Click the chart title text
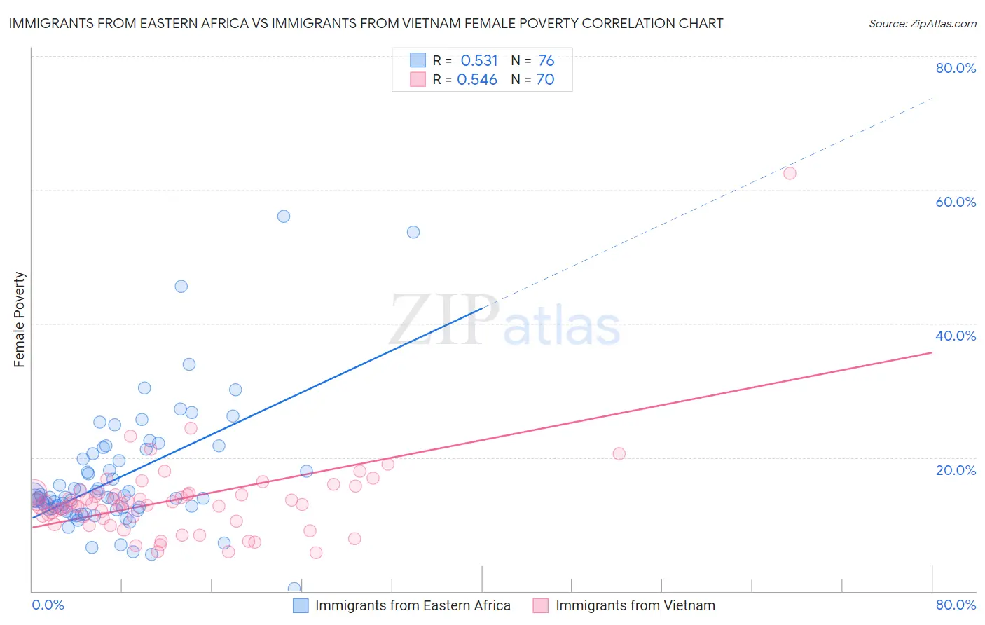pyautogui.click(x=366, y=23)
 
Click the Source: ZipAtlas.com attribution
pyautogui.click(x=922, y=23)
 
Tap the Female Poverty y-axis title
pyautogui.click(x=20, y=320)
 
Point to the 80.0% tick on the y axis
pyautogui.click(x=956, y=68)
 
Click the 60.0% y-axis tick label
pyautogui.click(x=956, y=202)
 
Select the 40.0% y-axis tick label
pyautogui.click(x=956, y=336)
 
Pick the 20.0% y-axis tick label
pyautogui.click(x=956, y=469)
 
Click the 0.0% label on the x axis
pyautogui.click(x=48, y=605)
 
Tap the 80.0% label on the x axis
pyautogui.click(x=956, y=605)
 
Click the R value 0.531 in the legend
pyautogui.click(x=479, y=61)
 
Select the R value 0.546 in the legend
pyautogui.click(x=477, y=80)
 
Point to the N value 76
pyautogui.click(x=546, y=61)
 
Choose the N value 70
pyautogui.click(x=545, y=80)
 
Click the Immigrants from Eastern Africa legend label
pyautogui.click(x=413, y=605)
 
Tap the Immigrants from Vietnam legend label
pyautogui.click(x=635, y=605)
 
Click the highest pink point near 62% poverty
pyautogui.click(x=790, y=173)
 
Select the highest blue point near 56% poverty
pyautogui.click(x=284, y=216)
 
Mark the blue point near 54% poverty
pyautogui.click(x=413, y=232)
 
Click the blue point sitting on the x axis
pyautogui.click(x=294, y=589)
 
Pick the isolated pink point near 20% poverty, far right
pyautogui.click(x=619, y=453)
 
